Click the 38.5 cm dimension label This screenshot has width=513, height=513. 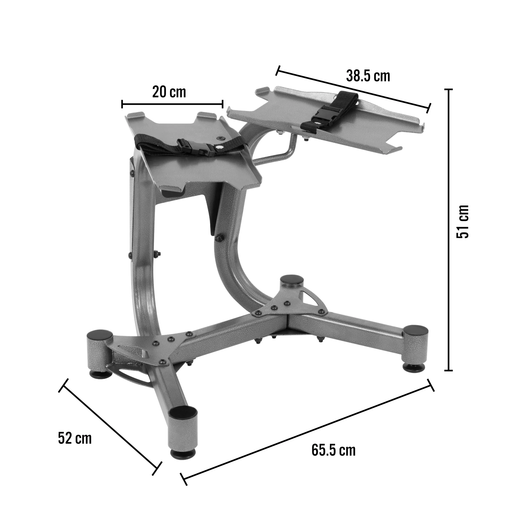pyautogui.click(x=368, y=76)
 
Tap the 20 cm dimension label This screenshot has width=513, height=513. pyautogui.click(x=169, y=92)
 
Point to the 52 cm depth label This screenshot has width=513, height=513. pyautogui.click(x=75, y=438)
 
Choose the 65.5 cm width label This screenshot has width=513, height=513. pyautogui.click(x=333, y=450)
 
